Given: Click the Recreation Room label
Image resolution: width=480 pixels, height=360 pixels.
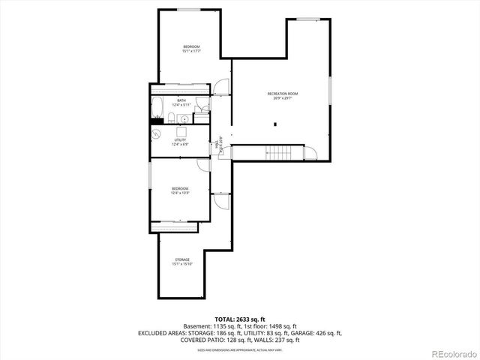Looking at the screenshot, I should (x=283, y=93).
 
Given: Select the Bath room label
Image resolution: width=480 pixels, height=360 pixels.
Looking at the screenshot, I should (x=181, y=100).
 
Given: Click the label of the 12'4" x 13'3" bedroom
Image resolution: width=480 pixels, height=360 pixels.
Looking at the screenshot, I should (x=180, y=188).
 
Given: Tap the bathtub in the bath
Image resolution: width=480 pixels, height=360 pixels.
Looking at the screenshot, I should (x=157, y=110).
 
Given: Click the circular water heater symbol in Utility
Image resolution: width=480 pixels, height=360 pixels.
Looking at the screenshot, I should (x=157, y=133).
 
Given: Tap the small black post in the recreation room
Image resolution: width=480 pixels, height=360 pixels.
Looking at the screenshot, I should (x=276, y=124).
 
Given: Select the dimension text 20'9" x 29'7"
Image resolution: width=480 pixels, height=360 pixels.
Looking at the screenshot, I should (x=283, y=98).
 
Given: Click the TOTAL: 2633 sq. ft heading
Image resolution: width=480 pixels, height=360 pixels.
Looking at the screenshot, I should (x=239, y=319).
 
